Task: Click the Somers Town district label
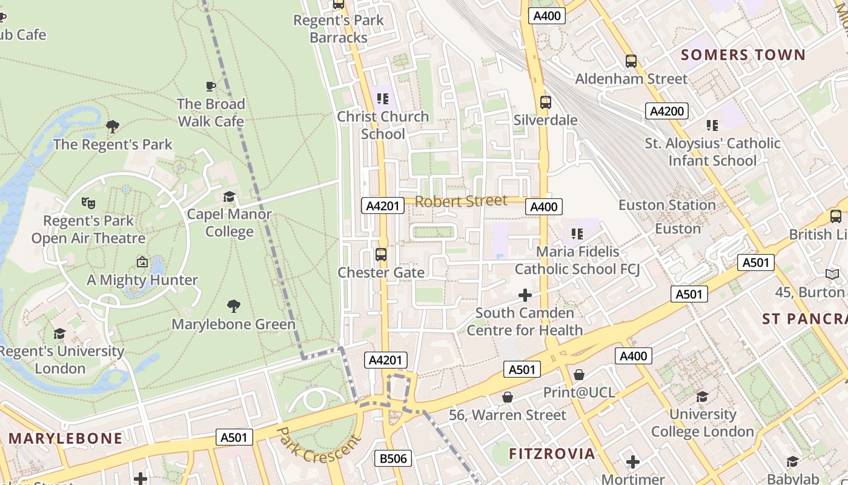click(x=743, y=55)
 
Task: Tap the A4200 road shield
click(x=667, y=111)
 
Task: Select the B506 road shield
click(x=394, y=458)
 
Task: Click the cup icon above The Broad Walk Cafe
click(x=211, y=86)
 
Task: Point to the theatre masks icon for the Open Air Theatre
click(x=88, y=203)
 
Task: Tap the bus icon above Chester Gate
click(x=381, y=255)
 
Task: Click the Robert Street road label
click(x=461, y=201)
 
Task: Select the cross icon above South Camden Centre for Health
click(x=525, y=296)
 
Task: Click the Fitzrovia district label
click(x=552, y=453)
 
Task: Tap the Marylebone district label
click(x=65, y=438)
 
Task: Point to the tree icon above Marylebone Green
click(x=234, y=306)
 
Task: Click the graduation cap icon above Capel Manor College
click(x=229, y=196)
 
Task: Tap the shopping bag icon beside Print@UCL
click(x=579, y=375)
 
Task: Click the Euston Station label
click(x=667, y=206)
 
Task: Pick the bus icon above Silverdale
click(x=546, y=102)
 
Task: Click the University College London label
click(x=702, y=423)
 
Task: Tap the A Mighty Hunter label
click(x=142, y=280)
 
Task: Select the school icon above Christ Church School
click(x=382, y=98)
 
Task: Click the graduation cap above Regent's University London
click(x=59, y=334)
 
